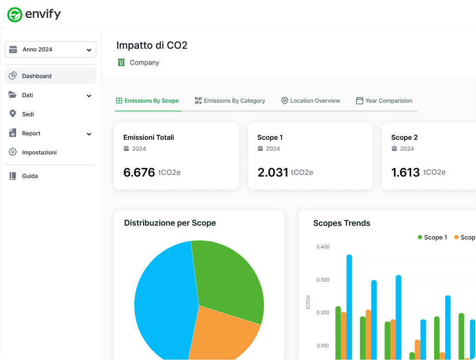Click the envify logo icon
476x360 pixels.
(x=15, y=15)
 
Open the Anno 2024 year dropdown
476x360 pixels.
(x=51, y=50)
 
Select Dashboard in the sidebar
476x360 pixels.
(x=37, y=76)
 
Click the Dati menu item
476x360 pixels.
(x=28, y=95)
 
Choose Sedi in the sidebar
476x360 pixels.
(x=28, y=114)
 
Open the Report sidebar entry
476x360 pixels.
(x=31, y=134)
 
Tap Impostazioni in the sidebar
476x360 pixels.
(x=39, y=152)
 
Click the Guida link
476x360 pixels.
(x=30, y=176)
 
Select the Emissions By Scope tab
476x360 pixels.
(x=147, y=101)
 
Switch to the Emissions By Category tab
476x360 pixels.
(x=230, y=101)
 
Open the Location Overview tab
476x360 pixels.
(x=310, y=101)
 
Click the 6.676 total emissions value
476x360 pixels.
(x=139, y=172)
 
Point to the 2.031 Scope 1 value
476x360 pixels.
(x=273, y=172)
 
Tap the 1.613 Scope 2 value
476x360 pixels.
(x=405, y=172)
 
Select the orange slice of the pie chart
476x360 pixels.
(x=221, y=334)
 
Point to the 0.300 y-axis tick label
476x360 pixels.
(x=323, y=280)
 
